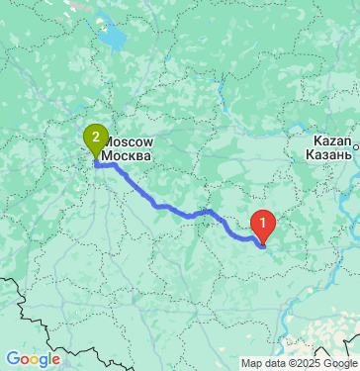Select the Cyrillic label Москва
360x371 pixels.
(128, 156)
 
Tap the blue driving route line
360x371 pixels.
(178, 212)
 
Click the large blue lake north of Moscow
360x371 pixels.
(111, 41)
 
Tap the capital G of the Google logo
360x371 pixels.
(12, 359)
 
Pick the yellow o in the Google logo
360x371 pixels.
(33, 360)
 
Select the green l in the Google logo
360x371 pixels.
(48, 358)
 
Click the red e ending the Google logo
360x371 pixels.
(55, 360)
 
